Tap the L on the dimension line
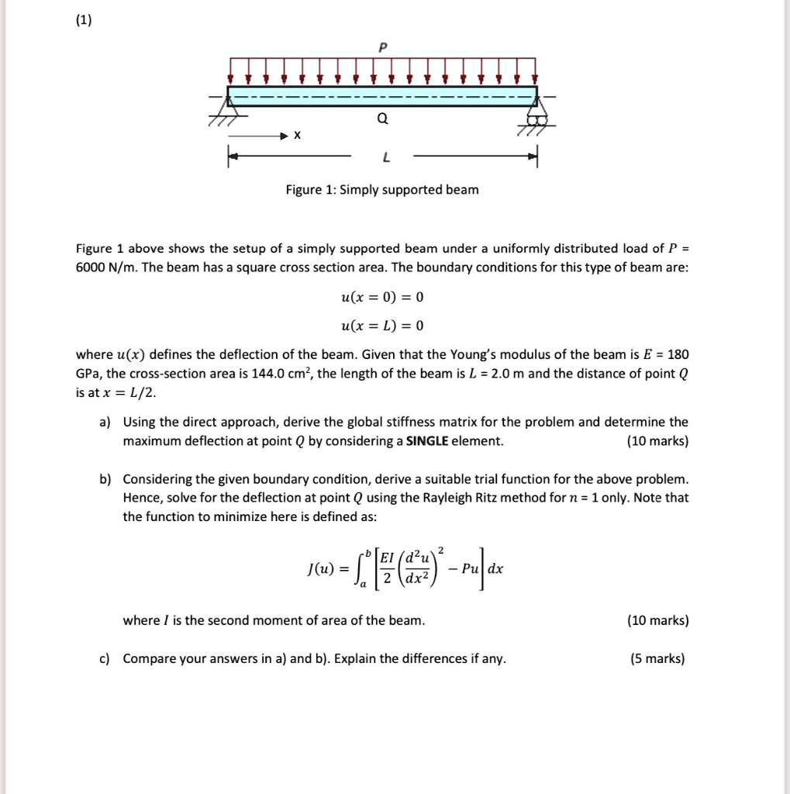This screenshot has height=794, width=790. (385, 158)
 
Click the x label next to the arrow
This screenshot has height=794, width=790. (295, 136)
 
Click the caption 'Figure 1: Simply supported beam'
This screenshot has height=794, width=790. (382, 190)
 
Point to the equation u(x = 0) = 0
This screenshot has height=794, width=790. (382, 297)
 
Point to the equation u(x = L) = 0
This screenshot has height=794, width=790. (382, 325)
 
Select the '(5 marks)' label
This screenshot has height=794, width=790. (658, 659)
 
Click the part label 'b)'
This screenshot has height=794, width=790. (105, 479)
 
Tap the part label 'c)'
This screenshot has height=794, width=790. (105, 659)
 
